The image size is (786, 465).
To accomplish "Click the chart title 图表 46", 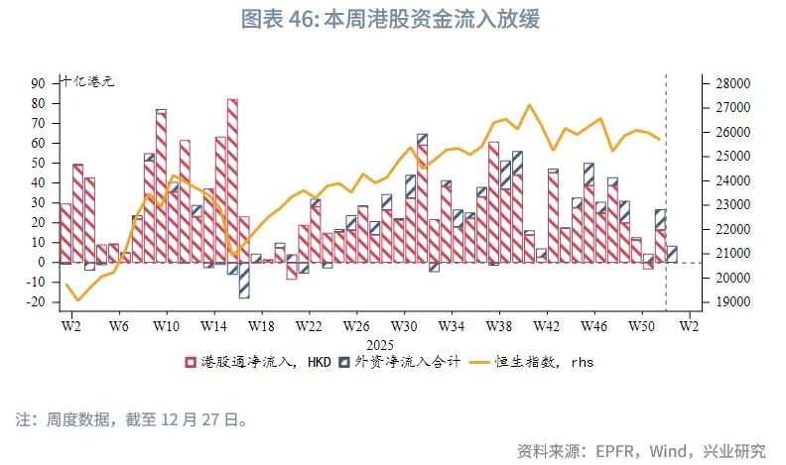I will pyautogui.click(x=392, y=20).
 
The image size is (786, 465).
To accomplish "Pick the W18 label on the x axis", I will pyautogui.click(x=261, y=325).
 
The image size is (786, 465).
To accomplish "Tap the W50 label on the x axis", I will pyautogui.click(x=642, y=325).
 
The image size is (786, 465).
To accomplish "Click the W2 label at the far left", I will pyautogui.click(x=70, y=325).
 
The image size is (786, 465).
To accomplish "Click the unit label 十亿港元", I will pyautogui.click(x=87, y=82).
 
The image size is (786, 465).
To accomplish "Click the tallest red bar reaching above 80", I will pyautogui.click(x=232, y=178).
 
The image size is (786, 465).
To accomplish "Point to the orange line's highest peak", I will pyautogui.click(x=530, y=104).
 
